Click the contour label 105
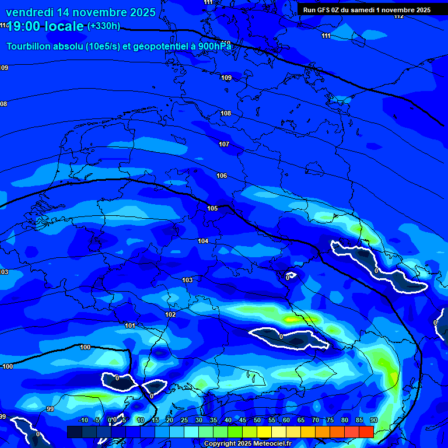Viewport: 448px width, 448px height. point(212,208)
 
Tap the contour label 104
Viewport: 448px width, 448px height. point(203,241)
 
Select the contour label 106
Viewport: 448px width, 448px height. point(222,176)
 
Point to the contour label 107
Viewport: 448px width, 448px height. point(224,144)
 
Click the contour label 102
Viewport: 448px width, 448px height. point(170,314)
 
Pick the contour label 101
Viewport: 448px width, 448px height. point(130,325)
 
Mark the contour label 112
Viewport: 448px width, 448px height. point(398,16)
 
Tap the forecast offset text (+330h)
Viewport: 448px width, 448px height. point(103,26)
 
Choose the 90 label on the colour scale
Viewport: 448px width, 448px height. point(373,420)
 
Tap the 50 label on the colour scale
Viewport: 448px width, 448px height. point(257,420)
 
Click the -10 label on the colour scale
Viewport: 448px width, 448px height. point(83,420)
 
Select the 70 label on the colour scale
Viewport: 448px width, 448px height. point(315,420)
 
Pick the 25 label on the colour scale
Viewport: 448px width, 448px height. point(184,420)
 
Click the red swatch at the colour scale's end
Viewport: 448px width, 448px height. point(366,432)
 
